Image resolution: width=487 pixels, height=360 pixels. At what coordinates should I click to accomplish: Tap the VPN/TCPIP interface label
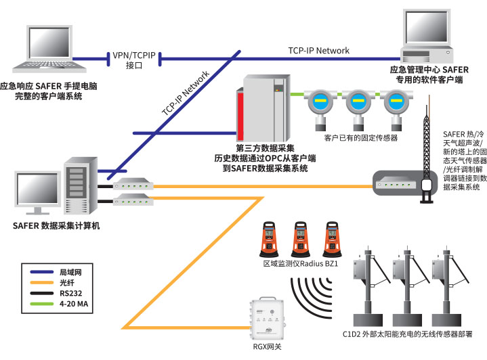(133, 60)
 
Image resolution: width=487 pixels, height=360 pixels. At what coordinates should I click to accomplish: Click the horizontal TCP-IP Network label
(319, 51)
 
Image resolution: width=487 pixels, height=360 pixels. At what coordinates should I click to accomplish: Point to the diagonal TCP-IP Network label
(186, 94)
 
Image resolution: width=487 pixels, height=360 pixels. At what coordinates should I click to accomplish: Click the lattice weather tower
(427, 149)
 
